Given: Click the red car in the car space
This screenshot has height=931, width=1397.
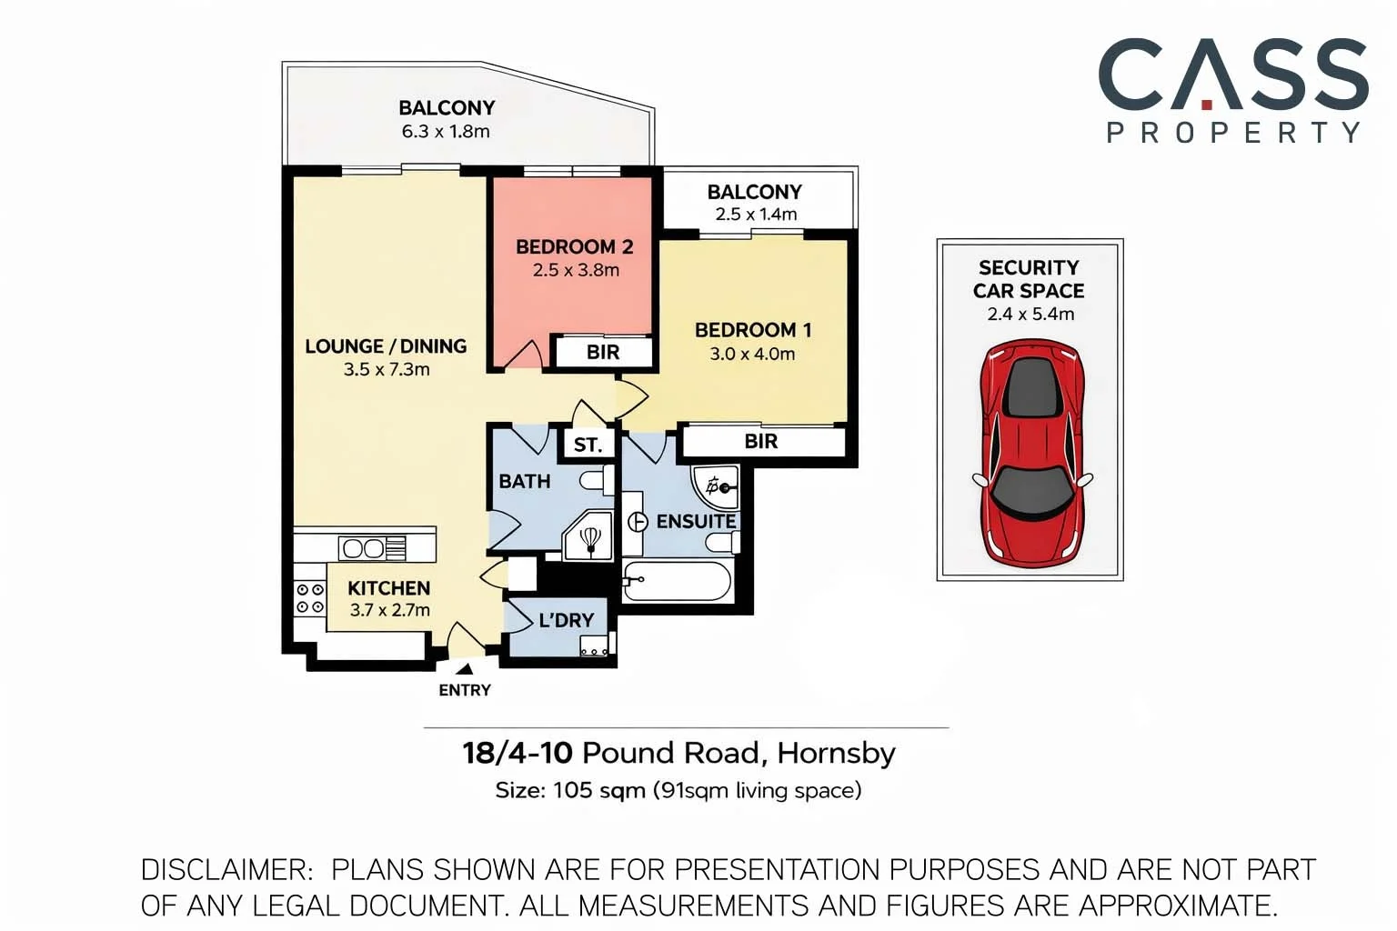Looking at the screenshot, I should click(1031, 452).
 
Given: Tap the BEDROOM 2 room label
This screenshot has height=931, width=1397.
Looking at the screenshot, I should click(574, 246).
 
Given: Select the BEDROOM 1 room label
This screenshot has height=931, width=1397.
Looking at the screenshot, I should click(752, 330).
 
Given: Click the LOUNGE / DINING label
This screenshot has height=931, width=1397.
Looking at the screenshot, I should click(386, 346).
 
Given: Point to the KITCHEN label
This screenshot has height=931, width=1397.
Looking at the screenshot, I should click(388, 588).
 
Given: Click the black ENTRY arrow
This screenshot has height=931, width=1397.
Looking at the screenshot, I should click(464, 670).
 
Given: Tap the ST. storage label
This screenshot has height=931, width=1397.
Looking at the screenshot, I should click(588, 445).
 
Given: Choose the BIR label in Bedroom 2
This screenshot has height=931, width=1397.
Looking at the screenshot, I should click(602, 353).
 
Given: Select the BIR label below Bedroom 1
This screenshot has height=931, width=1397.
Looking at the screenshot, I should click(760, 442).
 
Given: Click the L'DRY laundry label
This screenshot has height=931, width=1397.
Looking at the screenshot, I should click(566, 620).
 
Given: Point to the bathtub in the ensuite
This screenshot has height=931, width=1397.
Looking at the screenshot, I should click(678, 581).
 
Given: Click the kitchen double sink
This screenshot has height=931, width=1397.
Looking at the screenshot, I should click(363, 548).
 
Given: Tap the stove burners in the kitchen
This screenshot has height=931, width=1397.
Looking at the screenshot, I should click(309, 598).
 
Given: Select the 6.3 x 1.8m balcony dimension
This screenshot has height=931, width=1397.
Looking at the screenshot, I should click(446, 131).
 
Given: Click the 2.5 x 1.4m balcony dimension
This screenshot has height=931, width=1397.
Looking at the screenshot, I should click(755, 215).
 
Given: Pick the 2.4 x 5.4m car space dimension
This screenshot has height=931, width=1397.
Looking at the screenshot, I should click(1030, 315).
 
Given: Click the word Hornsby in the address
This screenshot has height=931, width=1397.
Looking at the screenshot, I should click(836, 753).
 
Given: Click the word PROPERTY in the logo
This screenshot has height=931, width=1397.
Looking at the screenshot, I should click(1232, 133).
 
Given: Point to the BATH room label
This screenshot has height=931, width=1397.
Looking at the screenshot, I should click(524, 481).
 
